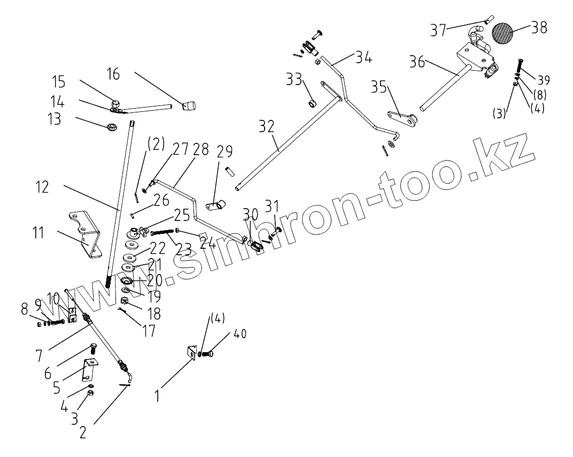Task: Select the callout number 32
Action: point(267,127)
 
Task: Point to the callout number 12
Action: point(42,187)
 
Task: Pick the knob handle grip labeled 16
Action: point(189,105)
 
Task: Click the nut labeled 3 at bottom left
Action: point(90,393)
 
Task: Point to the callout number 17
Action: point(149,330)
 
